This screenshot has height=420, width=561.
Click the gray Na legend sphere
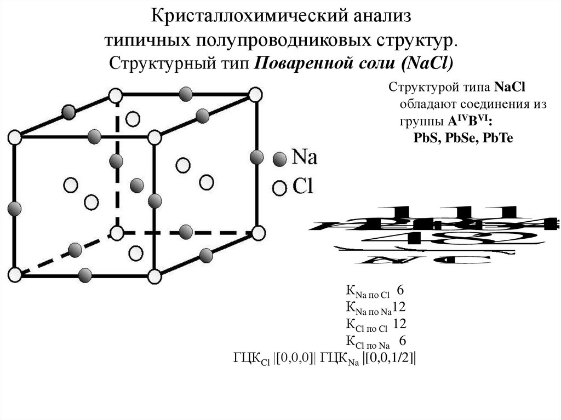[280, 159]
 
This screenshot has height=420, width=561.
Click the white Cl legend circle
[280, 188]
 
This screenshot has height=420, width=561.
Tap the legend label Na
[304, 158]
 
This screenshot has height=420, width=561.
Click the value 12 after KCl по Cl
[399, 324]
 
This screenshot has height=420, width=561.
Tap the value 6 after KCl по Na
[402, 341]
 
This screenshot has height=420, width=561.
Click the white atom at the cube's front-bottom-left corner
[15, 273]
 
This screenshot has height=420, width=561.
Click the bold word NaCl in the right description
[510, 88]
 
